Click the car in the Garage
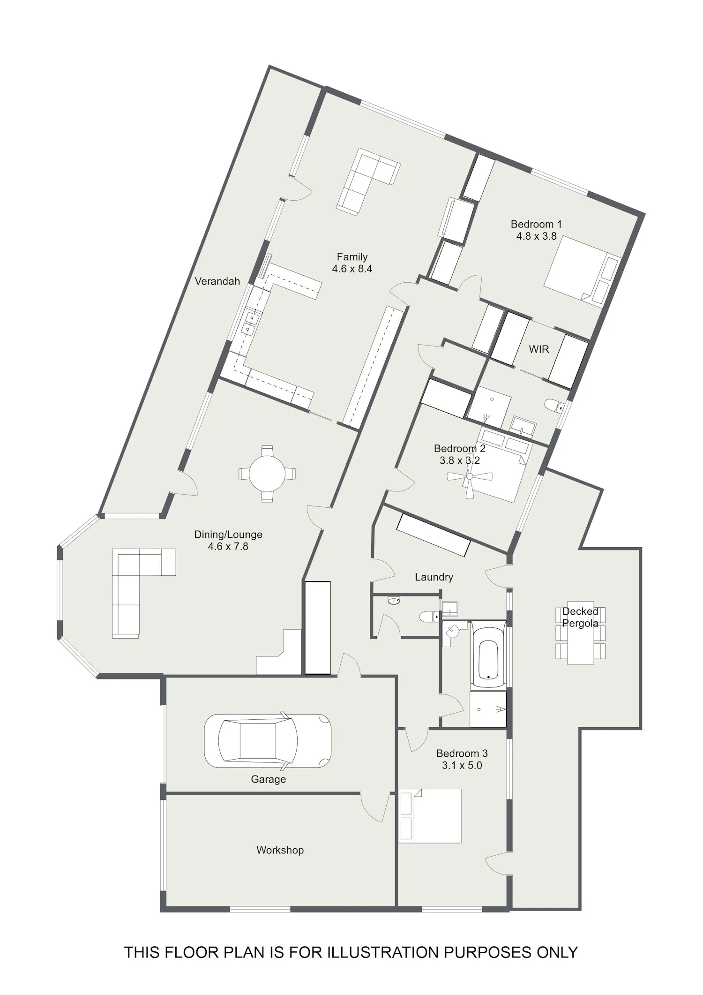pyautogui.click(x=268, y=741)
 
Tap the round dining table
pyautogui.click(x=267, y=474)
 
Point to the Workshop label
pyautogui.click(x=280, y=850)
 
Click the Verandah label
pyautogui.click(x=217, y=281)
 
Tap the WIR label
pyautogui.click(x=538, y=349)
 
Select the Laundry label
pyautogui.click(x=434, y=577)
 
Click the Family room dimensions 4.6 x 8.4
pyautogui.click(x=352, y=269)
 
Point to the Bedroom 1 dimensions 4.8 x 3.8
pyautogui.click(x=537, y=236)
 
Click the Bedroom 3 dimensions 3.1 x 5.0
pyautogui.click(x=462, y=765)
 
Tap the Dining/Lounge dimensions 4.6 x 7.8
pyautogui.click(x=228, y=546)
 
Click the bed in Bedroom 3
pyautogui.click(x=430, y=816)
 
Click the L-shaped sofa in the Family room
pyautogui.click(x=368, y=181)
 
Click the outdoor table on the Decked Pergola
pyautogui.click(x=580, y=633)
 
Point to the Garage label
pyautogui.click(x=268, y=779)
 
